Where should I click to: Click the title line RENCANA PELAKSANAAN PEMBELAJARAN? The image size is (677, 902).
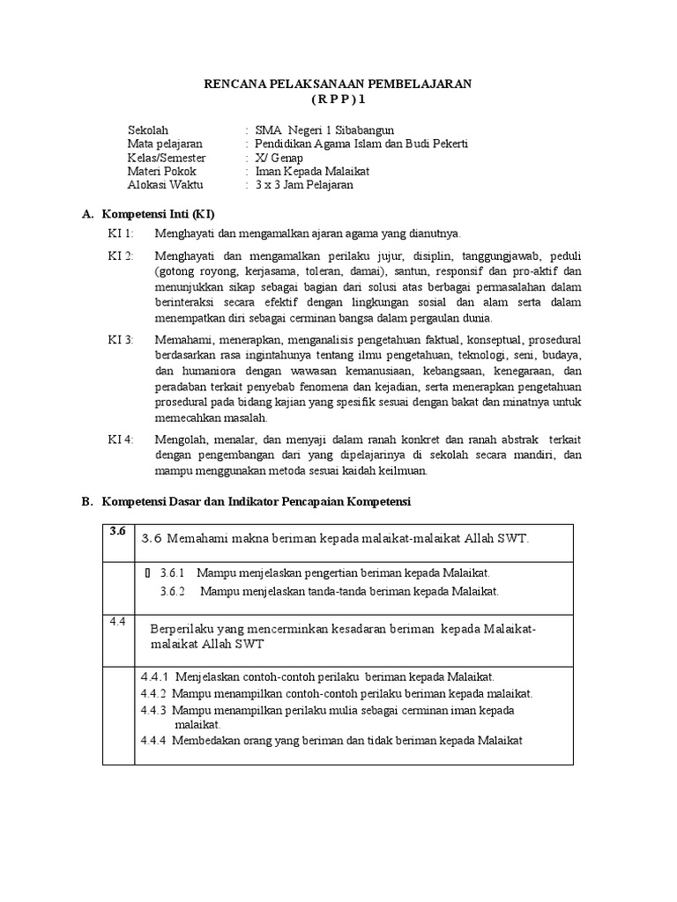click(x=338, y=84)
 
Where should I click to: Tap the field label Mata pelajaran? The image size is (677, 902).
click(x=165, y=143)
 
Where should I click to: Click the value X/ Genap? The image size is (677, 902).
click(x=278, y=157)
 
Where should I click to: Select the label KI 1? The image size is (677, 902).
click(x=121, y=233)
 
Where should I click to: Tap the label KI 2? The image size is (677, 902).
click(x=121, y=255)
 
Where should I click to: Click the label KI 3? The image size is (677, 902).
click(x=121, y=339)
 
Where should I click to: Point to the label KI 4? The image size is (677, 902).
click(x=121, y=439)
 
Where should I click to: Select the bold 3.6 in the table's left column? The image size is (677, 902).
click(x=119, y=531)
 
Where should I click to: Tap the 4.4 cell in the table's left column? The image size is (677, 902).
click(x=119, y=622)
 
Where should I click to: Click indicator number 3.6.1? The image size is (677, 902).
click(x=174, y=573)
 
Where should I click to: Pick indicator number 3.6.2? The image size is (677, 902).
click(x=174, y=591)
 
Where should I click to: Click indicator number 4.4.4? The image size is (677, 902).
click(x=154, y=740)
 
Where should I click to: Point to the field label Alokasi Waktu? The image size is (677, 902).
click(x=165, y=185)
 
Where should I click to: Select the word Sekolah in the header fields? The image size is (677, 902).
click(x=147, y=129)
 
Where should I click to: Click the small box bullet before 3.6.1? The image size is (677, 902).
click(x=147, y=573)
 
